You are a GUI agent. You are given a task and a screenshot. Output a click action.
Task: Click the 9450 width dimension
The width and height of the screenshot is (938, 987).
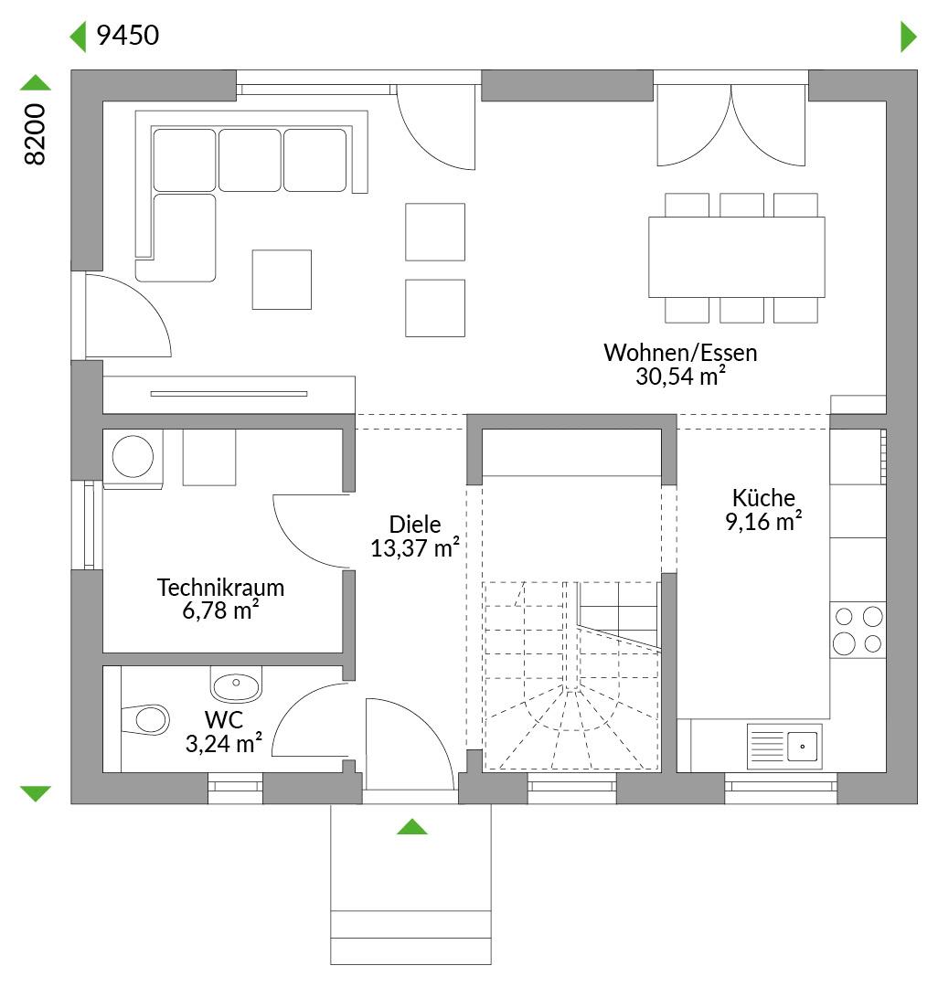pos(128,36)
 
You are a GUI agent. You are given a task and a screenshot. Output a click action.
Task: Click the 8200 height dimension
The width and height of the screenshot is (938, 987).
pos(36,134)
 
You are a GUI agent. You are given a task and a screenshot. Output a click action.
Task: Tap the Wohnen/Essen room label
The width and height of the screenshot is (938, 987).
pos(680,353)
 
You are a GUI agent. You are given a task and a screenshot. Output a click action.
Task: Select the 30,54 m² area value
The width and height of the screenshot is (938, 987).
pos(680,376)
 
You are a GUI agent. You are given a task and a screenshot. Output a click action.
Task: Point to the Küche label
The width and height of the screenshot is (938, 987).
pos(763,497)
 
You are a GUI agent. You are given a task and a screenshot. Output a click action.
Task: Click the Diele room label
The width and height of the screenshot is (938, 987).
pos(415,524)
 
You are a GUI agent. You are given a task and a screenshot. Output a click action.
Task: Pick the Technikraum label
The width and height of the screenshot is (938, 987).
pos(221,588)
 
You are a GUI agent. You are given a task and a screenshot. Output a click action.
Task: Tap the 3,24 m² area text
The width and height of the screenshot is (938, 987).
pos(223,743)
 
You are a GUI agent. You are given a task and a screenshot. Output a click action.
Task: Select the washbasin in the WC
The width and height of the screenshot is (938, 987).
pos(236,685)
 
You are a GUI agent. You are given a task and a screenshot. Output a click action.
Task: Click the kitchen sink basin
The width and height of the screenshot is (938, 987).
pos(803,747)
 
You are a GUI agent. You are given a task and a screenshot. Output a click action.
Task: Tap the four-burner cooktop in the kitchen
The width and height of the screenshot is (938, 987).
pos(858,630)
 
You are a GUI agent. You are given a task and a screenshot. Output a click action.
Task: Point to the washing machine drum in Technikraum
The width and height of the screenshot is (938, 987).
pos(133,456)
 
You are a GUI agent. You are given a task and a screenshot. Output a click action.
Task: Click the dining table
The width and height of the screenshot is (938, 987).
pos(737,257)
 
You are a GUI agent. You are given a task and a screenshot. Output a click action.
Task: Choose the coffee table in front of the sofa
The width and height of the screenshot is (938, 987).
pos(282,280)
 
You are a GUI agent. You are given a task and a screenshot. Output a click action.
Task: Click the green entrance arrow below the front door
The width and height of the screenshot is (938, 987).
pos(412,826)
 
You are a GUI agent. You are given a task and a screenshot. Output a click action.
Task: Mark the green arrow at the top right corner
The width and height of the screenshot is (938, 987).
pos(909,37)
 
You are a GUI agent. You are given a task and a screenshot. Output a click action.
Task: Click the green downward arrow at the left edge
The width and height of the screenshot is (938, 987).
pos(36,793)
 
